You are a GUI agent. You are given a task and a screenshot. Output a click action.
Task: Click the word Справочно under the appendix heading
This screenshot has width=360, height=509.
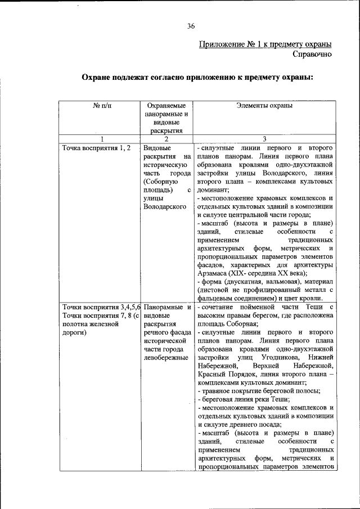312,55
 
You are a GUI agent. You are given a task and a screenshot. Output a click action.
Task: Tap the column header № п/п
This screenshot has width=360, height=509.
102,105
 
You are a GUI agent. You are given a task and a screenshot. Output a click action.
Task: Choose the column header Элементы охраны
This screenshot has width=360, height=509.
264,105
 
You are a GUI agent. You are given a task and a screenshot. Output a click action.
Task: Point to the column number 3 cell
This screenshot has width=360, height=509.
264,139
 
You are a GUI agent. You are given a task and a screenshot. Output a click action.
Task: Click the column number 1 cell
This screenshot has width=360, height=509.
102,139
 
